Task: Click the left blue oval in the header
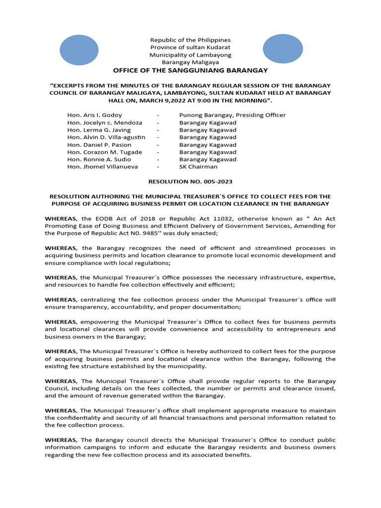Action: tap(79, 51)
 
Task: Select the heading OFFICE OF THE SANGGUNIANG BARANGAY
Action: tap(190, 70)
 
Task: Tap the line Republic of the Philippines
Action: tap(190, 40)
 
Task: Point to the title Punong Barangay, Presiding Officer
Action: tap(232, 115)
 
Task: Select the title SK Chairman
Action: tap(198, 167)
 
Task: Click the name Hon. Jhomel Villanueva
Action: tap(102, 167)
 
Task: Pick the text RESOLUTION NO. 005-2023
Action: tap(190, 182)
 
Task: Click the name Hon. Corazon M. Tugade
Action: tap(105, 152)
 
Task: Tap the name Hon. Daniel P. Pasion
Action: tap(99, 145)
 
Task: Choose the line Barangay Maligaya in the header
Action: tap(190, 63)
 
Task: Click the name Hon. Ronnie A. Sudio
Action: tap(99, 159)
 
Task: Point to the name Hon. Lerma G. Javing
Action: tap(99, 130)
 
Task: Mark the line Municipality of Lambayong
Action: tap(190, 55)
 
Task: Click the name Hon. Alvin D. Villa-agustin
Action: tap(107, 137)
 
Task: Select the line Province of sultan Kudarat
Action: tap(190, 47)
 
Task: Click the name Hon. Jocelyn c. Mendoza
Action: tap(105, 123)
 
